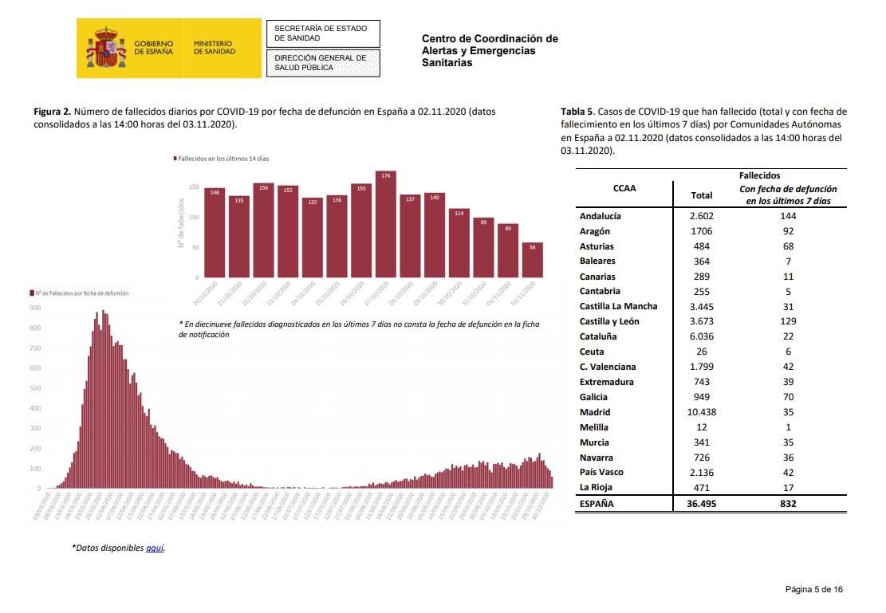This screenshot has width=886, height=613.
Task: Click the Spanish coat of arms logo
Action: click(x=106, y=48)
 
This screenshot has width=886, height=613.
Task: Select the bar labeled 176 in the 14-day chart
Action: click(x=385, y=224)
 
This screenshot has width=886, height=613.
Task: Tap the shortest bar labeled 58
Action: click(x=532, y=260)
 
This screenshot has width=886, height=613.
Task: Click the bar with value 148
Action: click(x=215, y=232)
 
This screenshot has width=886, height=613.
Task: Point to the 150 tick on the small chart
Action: click(x=194, y=187)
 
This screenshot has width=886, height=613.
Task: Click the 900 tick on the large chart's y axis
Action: click(x=35, y=308)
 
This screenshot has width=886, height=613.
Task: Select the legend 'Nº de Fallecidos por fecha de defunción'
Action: click(x=79, y=293)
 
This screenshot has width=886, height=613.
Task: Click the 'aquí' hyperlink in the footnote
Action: click(x=155, y=548)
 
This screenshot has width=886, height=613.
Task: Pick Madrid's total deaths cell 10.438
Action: click(x=702, y=412)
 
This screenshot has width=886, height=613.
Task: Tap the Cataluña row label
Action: click(x=598, y=336)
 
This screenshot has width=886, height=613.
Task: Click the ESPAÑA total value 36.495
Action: click(x=702, y=503)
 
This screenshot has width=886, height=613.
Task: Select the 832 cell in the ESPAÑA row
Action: click(x=788, y=503)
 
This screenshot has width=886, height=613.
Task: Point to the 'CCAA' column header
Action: click(x=624, y=189)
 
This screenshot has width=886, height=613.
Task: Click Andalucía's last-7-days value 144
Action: click(x=788, y=216)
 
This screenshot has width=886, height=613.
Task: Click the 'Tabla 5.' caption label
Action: click(x=578, y=112)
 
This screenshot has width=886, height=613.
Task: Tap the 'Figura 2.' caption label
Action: click(x=53, y=112)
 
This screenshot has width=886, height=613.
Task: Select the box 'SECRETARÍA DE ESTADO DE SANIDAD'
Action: click(x=321, y=33)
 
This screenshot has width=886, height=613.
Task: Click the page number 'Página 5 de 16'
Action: click(x=813, y=589)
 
